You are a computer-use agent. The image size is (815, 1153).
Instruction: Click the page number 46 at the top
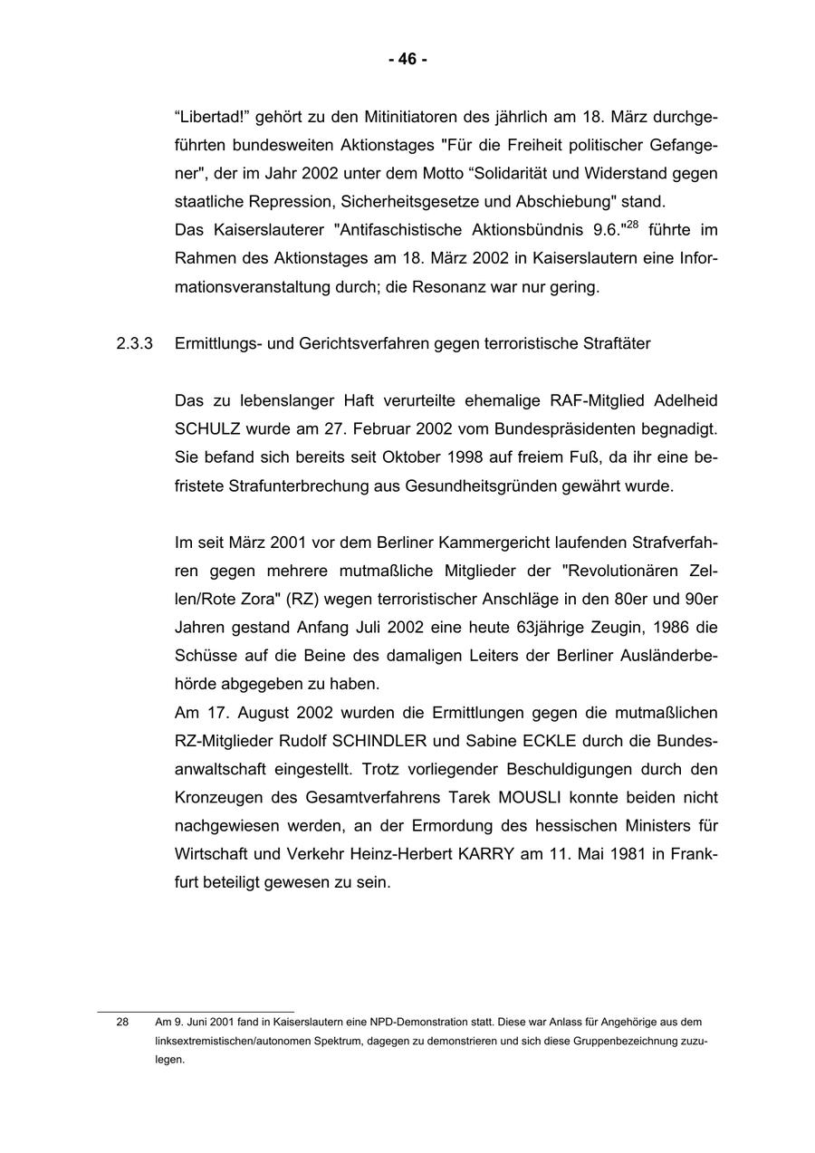(x=407, y=60)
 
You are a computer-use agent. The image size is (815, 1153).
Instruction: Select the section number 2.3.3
(x=135, y=344)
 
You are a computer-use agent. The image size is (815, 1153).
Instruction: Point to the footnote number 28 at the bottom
(x=122, y=1022)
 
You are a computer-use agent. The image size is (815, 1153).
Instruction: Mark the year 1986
(x=672, y=628)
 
